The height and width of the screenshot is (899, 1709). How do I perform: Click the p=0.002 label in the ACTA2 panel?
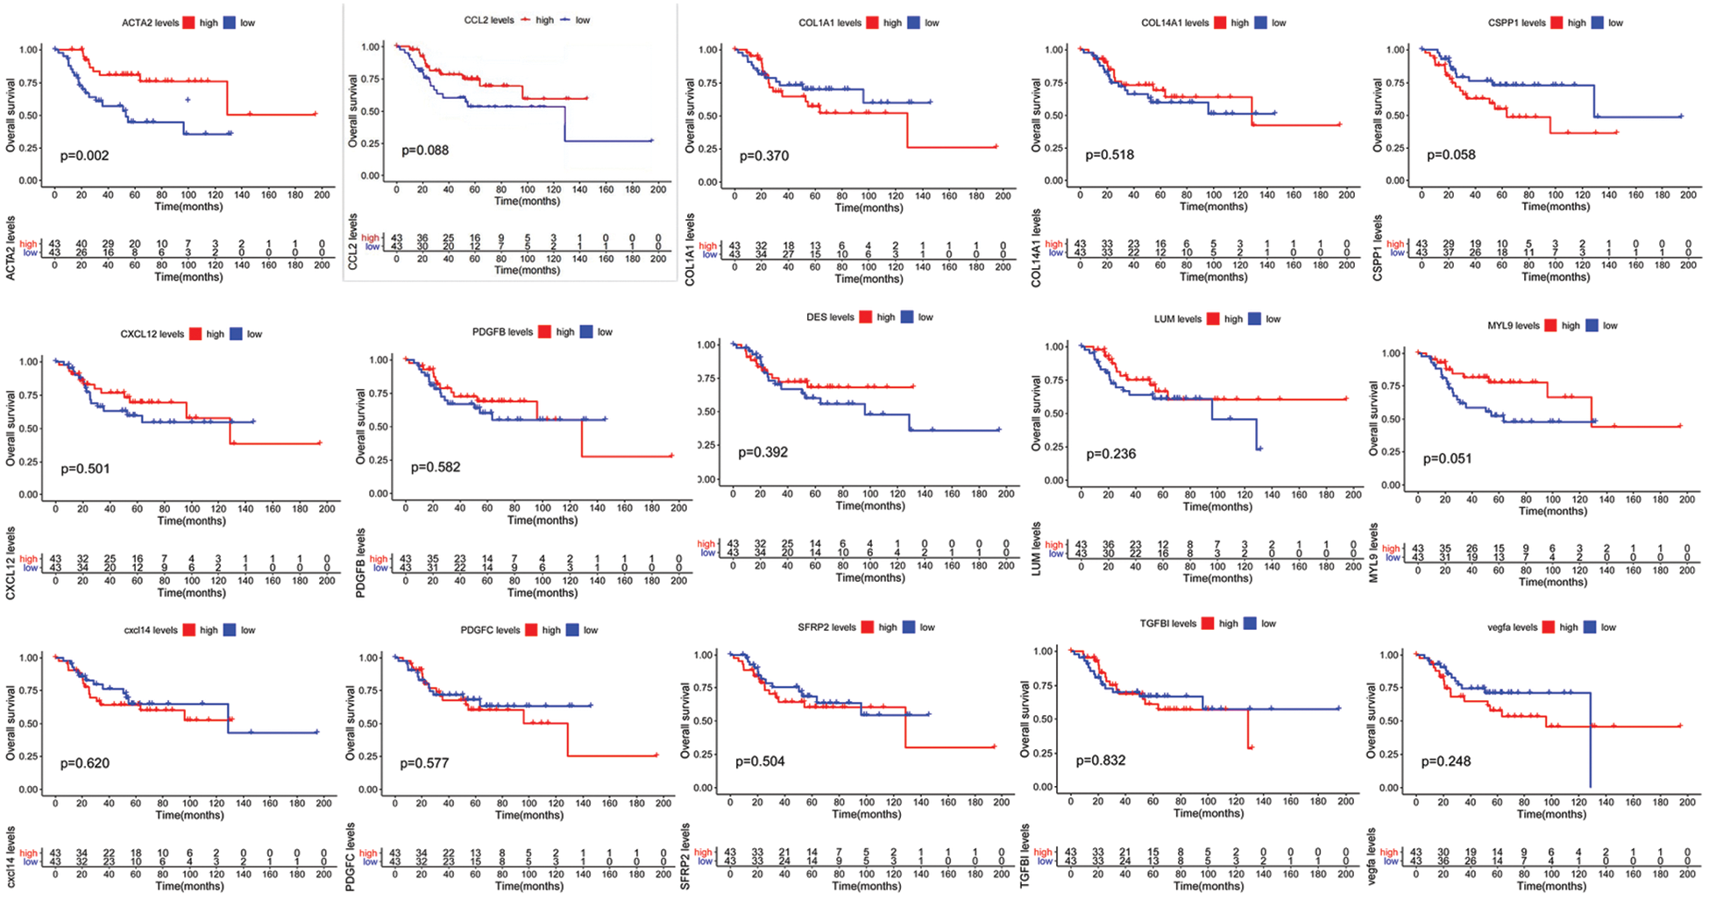point(84,156)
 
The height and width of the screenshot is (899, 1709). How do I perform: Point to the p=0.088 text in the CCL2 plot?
point(425,151)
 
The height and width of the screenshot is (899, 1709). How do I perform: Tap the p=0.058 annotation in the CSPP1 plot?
point(1450,155)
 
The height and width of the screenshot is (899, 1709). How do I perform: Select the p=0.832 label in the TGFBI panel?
point(1101,761)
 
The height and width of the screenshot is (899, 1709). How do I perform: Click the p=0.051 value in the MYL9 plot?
point(1447,458)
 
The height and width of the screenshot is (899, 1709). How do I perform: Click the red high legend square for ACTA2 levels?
point(189,23)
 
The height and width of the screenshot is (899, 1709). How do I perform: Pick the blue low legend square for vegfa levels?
point(1591,627)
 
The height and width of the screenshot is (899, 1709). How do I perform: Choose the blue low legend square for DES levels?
point(907,317)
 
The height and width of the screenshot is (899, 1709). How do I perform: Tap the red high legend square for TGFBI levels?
point(1208,624)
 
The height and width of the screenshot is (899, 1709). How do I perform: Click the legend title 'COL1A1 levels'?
point(829,23)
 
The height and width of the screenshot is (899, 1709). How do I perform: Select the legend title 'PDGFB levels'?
point(502,332)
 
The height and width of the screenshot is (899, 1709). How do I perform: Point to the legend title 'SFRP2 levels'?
point(826,627)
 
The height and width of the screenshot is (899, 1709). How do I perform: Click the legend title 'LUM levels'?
point(1177,319)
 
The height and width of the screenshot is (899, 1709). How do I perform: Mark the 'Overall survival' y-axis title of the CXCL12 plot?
point(11,428)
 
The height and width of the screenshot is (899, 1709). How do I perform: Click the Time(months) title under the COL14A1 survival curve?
point(1213,207)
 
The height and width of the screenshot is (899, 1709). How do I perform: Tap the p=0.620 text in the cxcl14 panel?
point(85,763)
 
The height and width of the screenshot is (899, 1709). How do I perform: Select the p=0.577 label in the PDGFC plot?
point(424,763)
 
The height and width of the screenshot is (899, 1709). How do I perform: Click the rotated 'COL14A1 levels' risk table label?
point(1037,248)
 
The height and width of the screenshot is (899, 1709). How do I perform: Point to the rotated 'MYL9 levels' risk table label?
point(1374,553)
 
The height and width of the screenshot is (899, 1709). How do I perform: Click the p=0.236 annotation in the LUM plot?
point(1110,454)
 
